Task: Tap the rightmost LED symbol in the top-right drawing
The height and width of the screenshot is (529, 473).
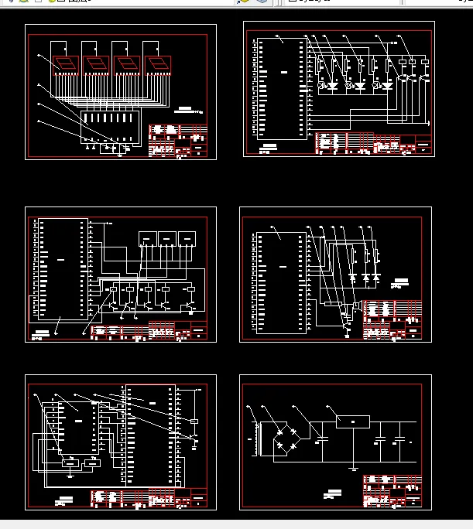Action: point(387,85)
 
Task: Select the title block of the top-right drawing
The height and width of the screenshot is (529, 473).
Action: point(373,144)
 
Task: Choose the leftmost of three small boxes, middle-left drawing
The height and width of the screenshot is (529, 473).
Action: point(147,238)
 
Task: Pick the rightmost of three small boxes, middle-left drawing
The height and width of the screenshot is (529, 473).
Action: point(187,238)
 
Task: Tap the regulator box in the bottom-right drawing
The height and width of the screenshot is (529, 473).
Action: point(352,421)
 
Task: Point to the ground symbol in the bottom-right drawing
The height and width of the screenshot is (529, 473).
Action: point(352,467)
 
